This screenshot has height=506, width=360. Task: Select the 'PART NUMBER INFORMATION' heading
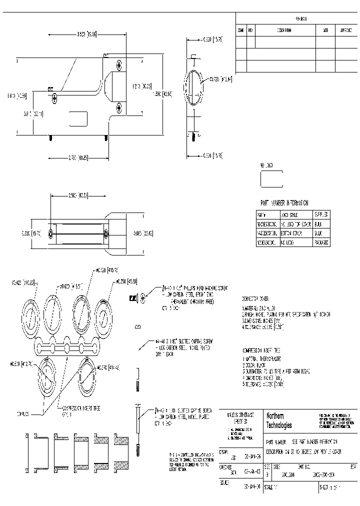coord(284,203)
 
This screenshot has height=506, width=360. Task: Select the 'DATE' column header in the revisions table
coord(325,30)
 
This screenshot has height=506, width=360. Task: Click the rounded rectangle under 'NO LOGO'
coord(271,178)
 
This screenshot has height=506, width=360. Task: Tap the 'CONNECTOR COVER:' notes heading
coord(258,296)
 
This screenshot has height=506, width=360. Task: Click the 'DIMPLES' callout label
coord(22,414)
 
